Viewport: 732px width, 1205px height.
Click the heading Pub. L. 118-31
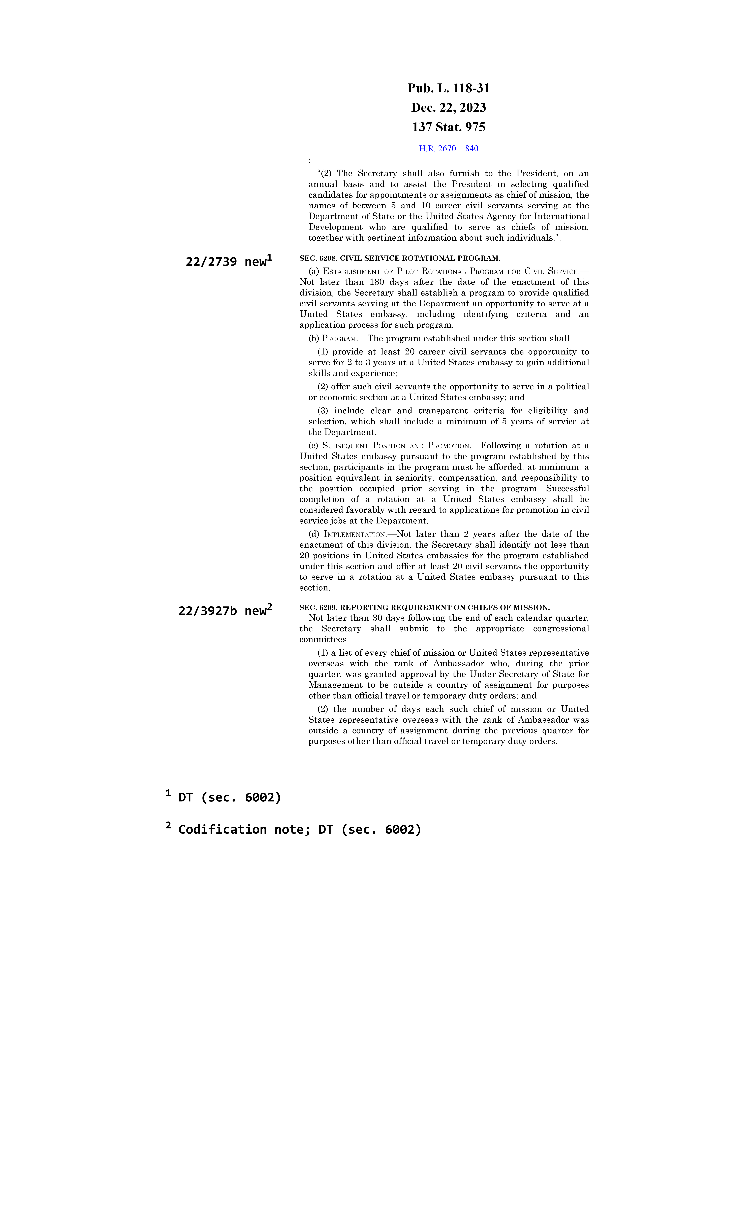448,89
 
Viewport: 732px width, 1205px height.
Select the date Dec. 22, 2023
448,108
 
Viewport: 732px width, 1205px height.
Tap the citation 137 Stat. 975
448,127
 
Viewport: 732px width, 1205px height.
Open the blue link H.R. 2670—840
448,149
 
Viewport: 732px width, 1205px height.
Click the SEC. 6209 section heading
424,607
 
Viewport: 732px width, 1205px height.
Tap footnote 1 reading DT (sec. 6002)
229,798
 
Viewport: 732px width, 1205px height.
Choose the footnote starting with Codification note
299,829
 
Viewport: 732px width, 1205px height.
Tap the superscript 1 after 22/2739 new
270,257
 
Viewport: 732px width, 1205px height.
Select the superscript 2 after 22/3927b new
270,606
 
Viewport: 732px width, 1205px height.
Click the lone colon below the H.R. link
310,160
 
